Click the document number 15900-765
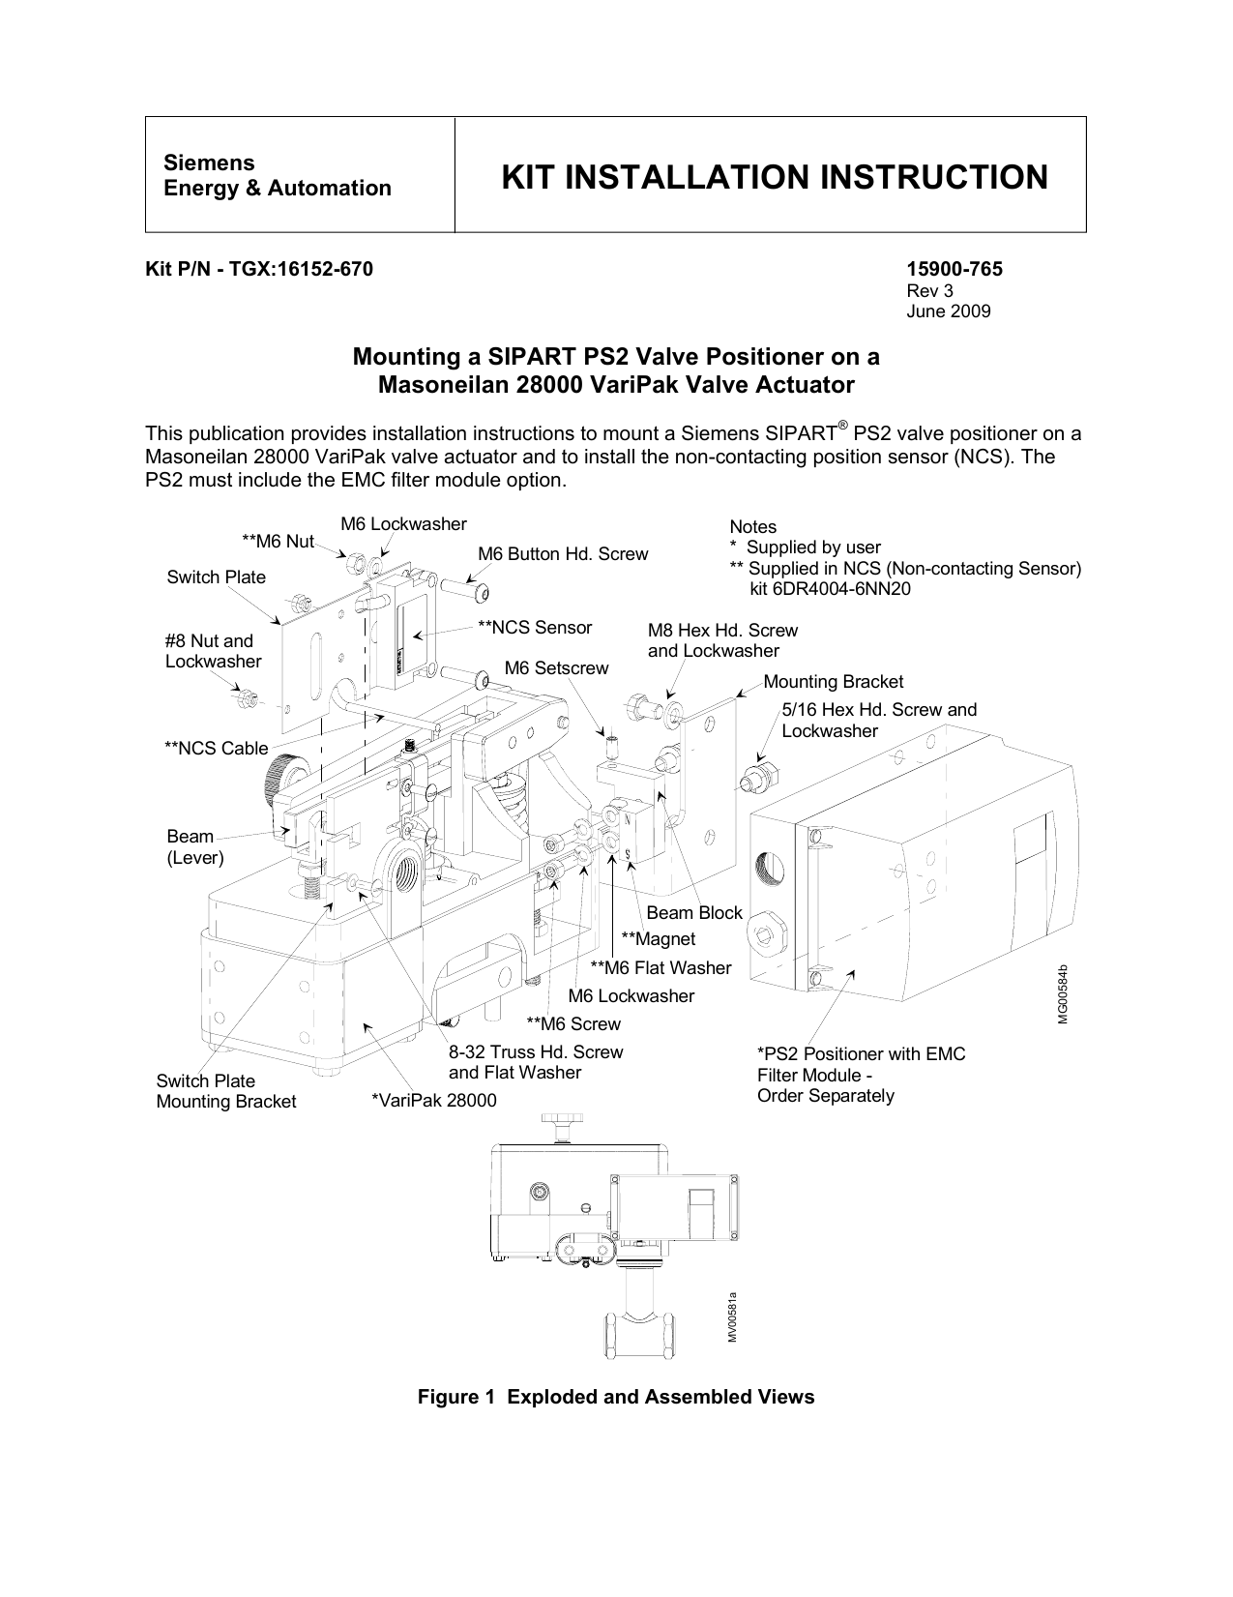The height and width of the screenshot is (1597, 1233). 954,270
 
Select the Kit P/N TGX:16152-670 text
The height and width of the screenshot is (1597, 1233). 258,270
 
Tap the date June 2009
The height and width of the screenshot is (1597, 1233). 948,311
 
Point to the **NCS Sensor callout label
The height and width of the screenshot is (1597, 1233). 535,628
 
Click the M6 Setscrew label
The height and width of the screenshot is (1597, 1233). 557,668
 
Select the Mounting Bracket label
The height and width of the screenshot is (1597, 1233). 833,682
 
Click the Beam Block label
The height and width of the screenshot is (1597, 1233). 693,912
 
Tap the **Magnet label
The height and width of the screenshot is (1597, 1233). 658,939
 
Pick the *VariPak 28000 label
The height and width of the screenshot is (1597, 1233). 434,1101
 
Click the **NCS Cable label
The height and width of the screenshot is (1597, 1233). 216,748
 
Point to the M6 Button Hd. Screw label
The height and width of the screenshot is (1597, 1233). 563,554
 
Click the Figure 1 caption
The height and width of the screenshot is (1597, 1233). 615,1397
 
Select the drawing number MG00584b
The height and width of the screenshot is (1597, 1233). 1062,993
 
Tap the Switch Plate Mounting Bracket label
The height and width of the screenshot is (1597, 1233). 225,1091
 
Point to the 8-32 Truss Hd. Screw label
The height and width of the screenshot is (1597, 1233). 536,1052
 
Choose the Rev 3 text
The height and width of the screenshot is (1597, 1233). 929,291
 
